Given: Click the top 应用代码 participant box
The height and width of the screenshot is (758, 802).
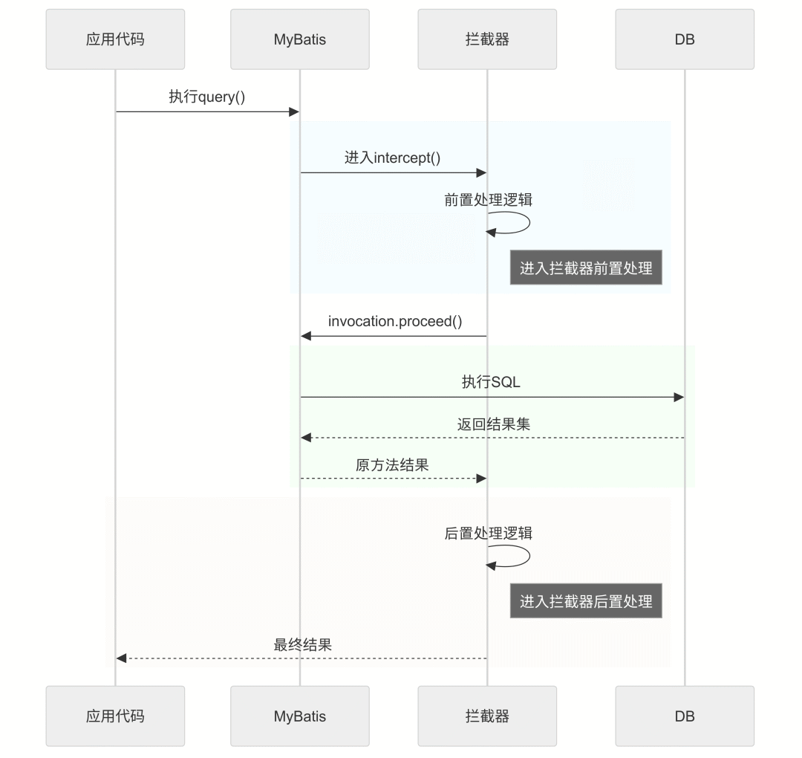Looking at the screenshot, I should (115, 39).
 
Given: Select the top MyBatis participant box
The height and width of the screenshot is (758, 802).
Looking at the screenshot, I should (299, 39).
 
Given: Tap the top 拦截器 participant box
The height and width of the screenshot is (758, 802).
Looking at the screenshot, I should (487, 39).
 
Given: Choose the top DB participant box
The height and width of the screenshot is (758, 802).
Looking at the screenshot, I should (685, 39).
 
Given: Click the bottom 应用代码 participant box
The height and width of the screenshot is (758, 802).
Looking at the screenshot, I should (115, 716).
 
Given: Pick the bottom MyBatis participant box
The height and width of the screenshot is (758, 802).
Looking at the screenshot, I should (299, 716).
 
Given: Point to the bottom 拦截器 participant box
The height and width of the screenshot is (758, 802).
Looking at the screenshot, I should (487, 716).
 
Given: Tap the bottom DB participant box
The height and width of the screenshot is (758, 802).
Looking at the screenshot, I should (685, 716).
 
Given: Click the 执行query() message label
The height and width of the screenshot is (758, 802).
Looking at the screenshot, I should (206, 97).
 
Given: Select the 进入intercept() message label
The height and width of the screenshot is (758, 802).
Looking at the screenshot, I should (392, 158).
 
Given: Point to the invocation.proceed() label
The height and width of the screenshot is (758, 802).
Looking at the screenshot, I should (394, 321).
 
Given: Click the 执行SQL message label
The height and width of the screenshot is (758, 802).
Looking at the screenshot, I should (491, 382).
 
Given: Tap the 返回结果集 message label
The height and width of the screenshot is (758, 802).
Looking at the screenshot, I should (493, 424).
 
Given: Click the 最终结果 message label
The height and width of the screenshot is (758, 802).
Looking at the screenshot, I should (302, 644).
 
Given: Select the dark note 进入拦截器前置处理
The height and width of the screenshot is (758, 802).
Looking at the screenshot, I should (585, 268).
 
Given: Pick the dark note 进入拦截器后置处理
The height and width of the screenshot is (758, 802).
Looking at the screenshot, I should (585, 601).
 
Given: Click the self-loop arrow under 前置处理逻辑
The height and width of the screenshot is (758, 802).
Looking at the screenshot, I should (520, 222).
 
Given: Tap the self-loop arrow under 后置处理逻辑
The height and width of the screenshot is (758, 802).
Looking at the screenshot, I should (520, 556).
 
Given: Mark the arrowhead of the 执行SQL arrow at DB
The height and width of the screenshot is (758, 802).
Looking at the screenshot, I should (679, 398).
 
